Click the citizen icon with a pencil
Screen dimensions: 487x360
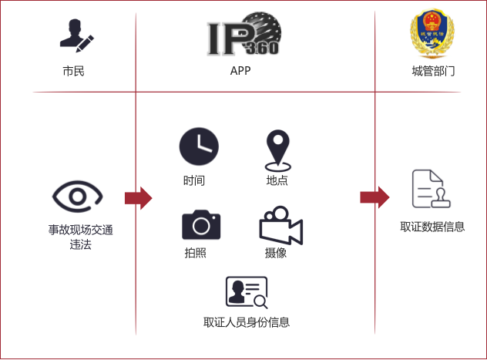click(x=77, y=35)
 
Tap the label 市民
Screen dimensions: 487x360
click(x=74, y=71)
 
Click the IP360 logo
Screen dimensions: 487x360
click(x=244, y=34)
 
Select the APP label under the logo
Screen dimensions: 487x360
click(x=240, y=71)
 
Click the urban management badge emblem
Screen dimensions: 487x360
click(x=432, y=33)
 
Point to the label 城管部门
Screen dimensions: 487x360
click(x=434, y=71)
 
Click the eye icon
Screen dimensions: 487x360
click(x=77, y=197)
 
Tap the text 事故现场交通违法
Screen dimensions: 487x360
click(x=80, y=237)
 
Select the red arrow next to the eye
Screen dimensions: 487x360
click(x=138, y=198)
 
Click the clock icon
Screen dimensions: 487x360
click(x=199, y=146)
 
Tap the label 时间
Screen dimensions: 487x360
click(x=194, y=180)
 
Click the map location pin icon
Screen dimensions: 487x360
click(x=278, y=150)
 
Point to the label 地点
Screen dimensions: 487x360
click(x=277, y=180)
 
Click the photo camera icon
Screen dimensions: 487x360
click(x=201, y=224)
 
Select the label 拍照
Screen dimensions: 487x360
click(x=196, y=253)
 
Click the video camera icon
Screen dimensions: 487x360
click(x=280, y=226)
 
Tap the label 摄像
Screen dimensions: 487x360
click(x=276, y=253)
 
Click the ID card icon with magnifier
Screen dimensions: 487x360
click(x=247, y=292)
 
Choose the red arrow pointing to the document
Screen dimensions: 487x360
click(x=374, y=197)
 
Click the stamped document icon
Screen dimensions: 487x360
click(x=431, y=189)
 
